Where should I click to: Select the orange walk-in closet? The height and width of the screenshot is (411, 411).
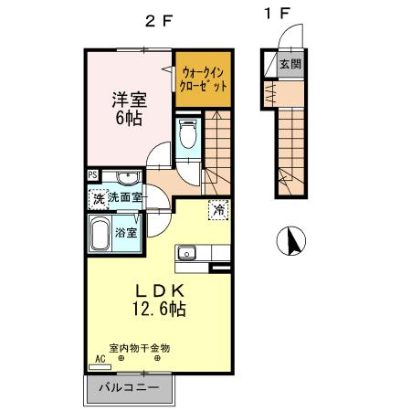(200, 79)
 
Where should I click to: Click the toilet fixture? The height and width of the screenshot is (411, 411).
(188, 135)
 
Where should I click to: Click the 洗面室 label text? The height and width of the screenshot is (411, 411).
(124, 197)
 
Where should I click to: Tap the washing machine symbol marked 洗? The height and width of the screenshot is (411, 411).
(98, 196)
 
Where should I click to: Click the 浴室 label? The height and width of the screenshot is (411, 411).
(126, 232)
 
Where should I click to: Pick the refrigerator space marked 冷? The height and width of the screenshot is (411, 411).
(218, 209)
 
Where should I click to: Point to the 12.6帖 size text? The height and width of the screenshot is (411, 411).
(152, 310)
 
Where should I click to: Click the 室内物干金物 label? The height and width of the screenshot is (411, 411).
(139, 347)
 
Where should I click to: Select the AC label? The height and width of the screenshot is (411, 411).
(100, 359)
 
